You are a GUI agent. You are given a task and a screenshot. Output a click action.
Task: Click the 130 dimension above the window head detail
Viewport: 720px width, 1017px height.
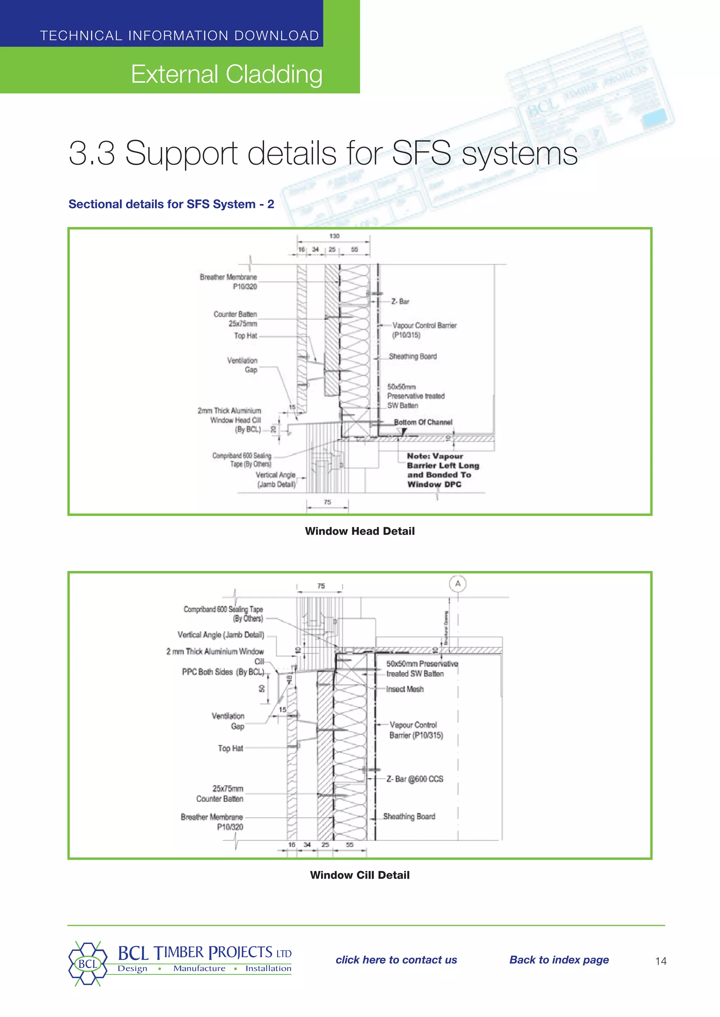pyautogui.click(x=334, y=236)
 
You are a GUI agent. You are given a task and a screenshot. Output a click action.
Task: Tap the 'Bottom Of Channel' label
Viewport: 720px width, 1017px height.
pyautogui.click(x=423, y=422)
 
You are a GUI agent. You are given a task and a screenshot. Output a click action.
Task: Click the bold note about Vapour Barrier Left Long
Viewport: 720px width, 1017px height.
pyautogui.click(x=443, y=470)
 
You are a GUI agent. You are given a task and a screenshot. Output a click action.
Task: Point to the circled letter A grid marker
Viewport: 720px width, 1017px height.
pyautogui.click(x=457, y=584)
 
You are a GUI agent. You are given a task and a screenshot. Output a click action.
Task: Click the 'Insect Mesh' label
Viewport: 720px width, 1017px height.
pyautogui.click(x=404, y=689)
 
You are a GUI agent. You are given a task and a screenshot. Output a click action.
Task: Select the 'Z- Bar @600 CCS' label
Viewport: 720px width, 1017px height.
pyautogui.click(x=414, y=779)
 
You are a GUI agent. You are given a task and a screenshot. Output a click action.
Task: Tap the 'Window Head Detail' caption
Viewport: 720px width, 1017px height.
pyautogui.click(x=360, y=531)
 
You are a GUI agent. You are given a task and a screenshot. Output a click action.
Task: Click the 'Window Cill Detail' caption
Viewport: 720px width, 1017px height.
pyautogui.click(x=360, y=875)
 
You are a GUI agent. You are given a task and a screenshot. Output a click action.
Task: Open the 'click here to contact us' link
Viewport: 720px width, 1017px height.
pyautogui.click(x=396, y=960)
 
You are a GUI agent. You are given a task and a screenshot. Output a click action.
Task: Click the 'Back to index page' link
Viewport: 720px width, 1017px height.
pyautogui.click(x=559, y=960)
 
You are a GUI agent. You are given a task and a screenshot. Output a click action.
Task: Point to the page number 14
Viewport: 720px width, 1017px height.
pyautogui.click(x=661, y=961)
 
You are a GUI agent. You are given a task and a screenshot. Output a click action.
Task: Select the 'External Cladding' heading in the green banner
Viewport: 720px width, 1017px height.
pyautogui.click(x=226, y=74)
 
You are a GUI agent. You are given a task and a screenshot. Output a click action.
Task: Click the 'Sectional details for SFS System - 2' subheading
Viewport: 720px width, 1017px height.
pyautogui.click(x=171, y=204)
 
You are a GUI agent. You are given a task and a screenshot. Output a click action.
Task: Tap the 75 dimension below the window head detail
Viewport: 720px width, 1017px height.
pyautogui.click(x=327, y=502)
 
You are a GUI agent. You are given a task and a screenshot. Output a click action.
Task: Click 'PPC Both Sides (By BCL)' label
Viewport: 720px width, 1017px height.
pyautogui.click(x=223, y=672)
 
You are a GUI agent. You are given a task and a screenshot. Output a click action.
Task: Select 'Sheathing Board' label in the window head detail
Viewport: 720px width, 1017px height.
pyautogui.click(x=412, y=356)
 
